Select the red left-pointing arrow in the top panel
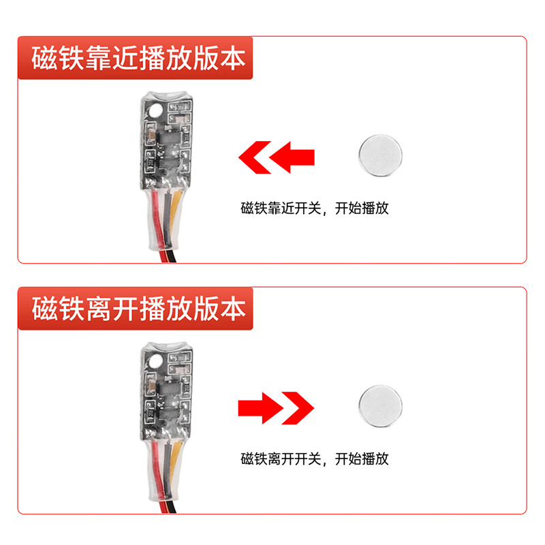coord(276,156)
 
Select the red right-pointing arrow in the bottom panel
coord(276,408)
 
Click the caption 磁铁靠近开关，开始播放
coord(314,208)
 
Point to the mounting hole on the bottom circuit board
coord(156,360)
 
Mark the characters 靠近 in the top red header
coord(112,59)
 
